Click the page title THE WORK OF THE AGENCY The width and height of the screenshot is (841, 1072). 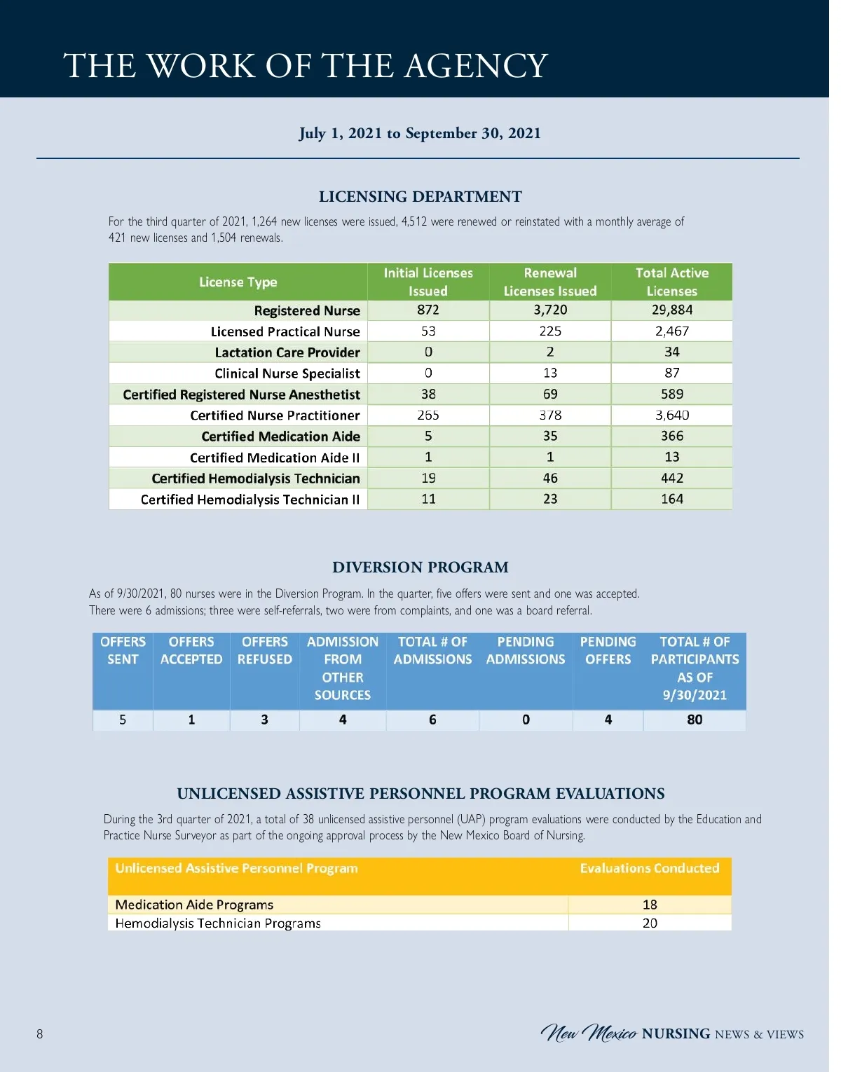306,66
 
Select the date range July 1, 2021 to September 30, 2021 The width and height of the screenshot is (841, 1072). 420,133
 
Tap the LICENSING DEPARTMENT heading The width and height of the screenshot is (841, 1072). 420,197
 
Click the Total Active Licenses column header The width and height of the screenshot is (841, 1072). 671,282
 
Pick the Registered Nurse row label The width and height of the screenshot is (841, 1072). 306,310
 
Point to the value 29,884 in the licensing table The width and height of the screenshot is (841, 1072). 671,310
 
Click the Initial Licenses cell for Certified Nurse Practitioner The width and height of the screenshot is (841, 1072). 428,415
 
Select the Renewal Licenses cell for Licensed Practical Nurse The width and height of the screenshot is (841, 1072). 550,331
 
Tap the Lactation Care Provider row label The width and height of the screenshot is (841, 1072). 287,352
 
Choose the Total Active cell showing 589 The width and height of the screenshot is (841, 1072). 671,394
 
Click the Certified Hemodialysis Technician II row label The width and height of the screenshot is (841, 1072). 249,500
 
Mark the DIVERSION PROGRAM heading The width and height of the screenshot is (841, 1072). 420,568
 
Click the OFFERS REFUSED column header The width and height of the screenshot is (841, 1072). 264,650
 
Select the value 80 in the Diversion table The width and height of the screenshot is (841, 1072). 694,720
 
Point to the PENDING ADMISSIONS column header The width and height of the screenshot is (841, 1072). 525,650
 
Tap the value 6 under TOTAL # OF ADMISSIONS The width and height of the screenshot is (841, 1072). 432,720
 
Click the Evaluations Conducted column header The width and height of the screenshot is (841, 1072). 649,868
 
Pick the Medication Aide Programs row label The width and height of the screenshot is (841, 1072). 194,905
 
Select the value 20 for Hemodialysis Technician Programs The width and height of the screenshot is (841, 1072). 650,923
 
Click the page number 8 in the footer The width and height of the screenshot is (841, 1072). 40,1033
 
